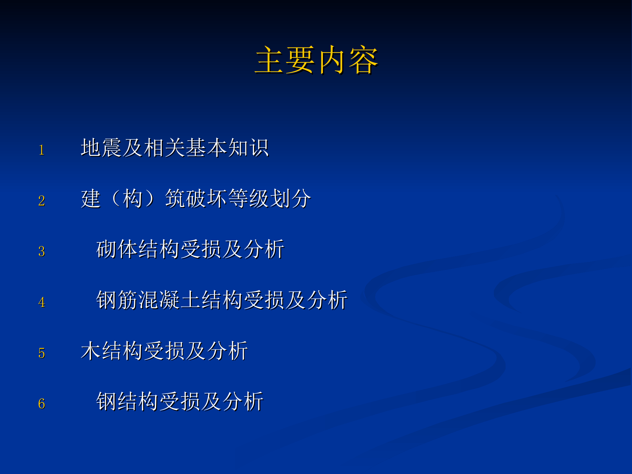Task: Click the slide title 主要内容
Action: [x=316, y=60]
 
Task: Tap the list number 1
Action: [x=41, y=150]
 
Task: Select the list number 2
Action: [x=41, y=201]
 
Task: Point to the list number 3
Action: [x=41, y=252]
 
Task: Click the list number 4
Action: [x=41, y=302]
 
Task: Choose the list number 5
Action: [x=41, y=353]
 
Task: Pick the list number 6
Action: [x=41, y=404]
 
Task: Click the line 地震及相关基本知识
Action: [x=175, y=148]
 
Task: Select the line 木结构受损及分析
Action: [x=164, y=351]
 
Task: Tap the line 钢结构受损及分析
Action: [x=180, y=401]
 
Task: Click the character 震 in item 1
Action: [x=112, y=148]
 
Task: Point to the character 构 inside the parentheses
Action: [x=133, y=198]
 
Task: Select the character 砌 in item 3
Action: [x=107, y=249]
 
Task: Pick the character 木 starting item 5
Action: [x=91, y=351]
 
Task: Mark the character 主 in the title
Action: [x=269, y=60]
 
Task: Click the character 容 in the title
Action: [x=363, y=60]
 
